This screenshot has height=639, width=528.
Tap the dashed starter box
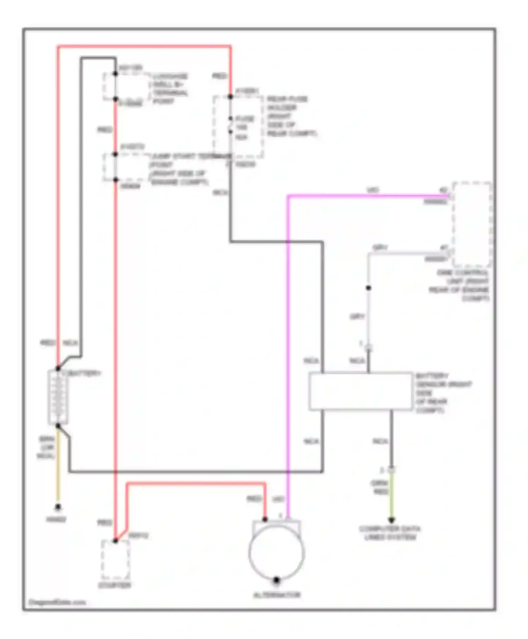115,560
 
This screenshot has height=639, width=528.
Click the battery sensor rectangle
360,391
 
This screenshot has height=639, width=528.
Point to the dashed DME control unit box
472,225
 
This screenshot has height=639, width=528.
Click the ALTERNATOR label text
277,595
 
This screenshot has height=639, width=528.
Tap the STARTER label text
114,585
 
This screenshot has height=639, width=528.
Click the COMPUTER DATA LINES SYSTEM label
390,533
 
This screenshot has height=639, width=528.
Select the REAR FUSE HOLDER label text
291,116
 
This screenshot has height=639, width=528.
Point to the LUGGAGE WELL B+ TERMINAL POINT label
170,88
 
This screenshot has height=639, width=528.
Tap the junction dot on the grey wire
368,288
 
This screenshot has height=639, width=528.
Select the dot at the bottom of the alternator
277,579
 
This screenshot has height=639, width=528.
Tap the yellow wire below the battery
58,469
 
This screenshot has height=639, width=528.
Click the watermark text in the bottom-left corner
57,602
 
